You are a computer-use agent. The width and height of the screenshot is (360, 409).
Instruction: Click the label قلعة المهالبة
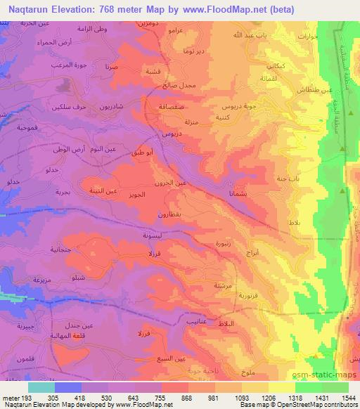(73, 336)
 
